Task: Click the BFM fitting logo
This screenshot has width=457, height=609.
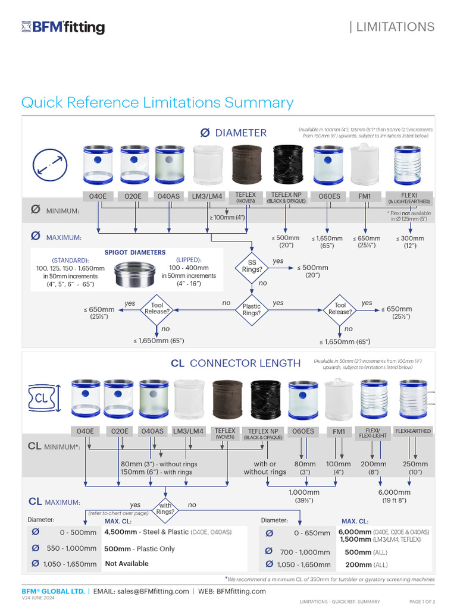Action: [x=63, y=27]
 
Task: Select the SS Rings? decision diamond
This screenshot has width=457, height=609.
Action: [x=252, y=266]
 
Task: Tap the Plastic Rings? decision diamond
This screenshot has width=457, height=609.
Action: [x=252, y=310]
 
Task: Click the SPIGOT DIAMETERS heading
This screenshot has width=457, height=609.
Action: [x=135, y=252]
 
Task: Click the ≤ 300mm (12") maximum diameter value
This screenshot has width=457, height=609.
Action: [x=410, y=242]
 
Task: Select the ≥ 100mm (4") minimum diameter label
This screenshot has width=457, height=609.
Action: [x=227, y=218]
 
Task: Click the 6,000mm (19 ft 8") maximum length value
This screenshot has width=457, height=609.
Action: [x=395, y=496]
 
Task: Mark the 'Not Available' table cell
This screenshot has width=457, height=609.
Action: [x=127, y=564]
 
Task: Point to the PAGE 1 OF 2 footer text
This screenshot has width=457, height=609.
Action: [x=426, y=602]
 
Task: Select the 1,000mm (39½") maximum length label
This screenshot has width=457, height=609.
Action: [x=304, y=496]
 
